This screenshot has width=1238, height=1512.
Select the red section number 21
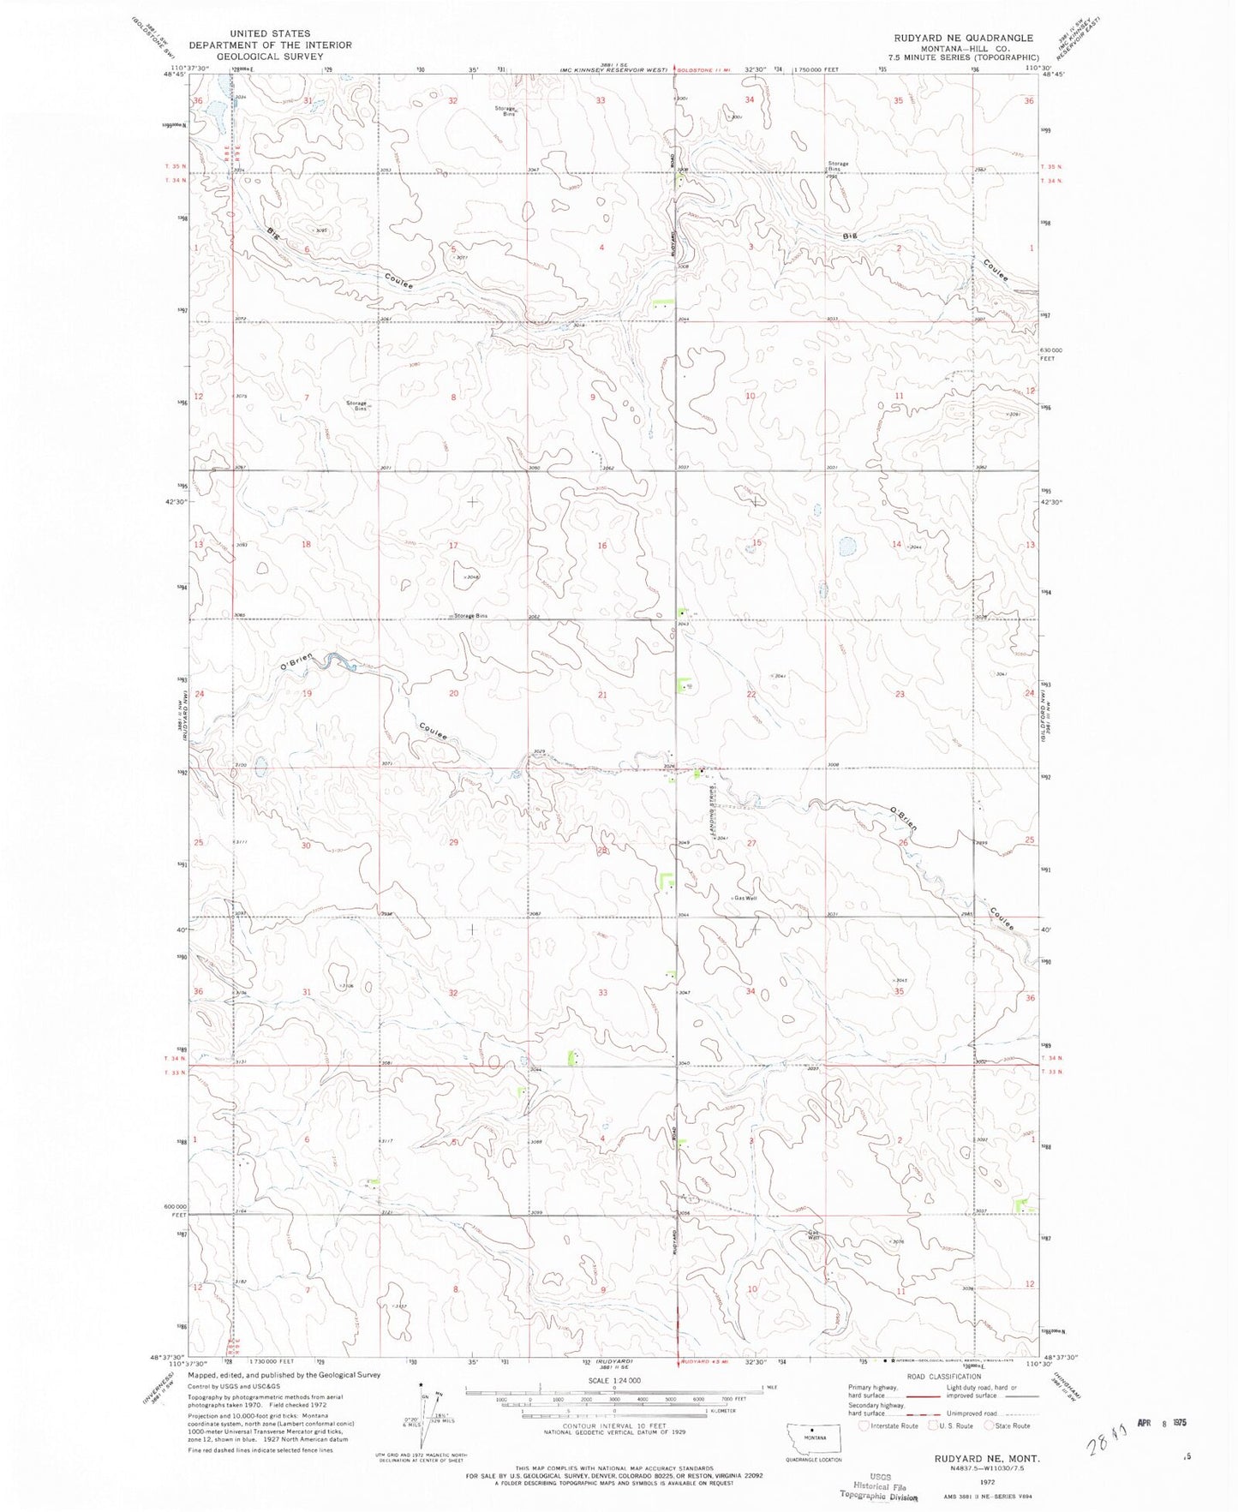(x=602, y=695)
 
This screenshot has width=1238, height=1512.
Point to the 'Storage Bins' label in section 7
(x=356, y=406)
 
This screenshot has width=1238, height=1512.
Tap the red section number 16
(x=602, y=546)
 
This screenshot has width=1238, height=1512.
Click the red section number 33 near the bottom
(x=603, y=993)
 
